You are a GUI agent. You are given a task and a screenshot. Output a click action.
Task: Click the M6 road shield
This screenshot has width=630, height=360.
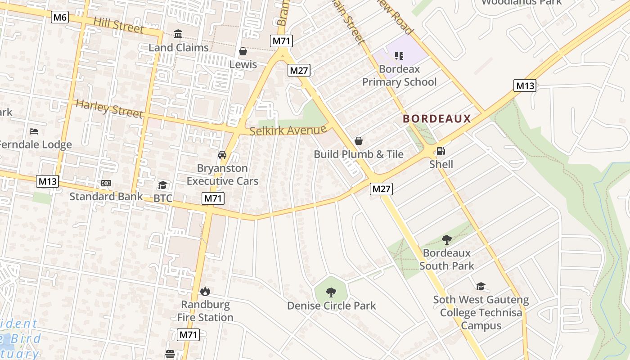pyautogui.click(x=60, y=18)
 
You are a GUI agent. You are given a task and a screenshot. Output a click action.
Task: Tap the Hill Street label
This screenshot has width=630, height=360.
pyautogui.click(x=118, y=25)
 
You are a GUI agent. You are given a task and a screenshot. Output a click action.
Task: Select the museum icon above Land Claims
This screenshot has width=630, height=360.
pyautogui.click(x=178, y=34)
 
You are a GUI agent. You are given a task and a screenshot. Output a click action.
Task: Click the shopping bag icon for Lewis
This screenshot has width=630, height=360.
pyautogui.click(x=243, y=51)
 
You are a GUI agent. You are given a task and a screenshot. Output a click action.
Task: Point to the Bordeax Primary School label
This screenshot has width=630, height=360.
pyautogui.click(x=399, y=76)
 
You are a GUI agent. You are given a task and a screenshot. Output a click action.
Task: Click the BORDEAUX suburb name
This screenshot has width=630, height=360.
pyautogui.click(x=436, y=119)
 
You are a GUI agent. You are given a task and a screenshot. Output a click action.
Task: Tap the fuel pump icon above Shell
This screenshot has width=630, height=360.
pyautogui.click(x=441, y=151)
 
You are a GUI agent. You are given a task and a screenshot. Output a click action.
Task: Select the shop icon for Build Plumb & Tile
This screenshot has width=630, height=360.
pyautogui.click(x=359, y=141)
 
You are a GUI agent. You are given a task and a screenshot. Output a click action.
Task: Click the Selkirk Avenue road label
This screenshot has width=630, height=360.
pyautogui.click(x=288, y=131)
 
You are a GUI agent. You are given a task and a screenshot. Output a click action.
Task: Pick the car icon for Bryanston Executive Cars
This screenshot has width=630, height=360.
pyautogui.click(x=222, y=155)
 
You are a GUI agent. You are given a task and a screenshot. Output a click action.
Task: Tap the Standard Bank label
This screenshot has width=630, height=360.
pyautogui.click(x=106, y=197)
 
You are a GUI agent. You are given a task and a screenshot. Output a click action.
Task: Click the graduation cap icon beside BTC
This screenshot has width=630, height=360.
pyautogui.click(x=162, y=185)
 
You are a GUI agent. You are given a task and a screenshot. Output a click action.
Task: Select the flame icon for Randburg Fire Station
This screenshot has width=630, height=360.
pyautogui.click(x=205, y=292)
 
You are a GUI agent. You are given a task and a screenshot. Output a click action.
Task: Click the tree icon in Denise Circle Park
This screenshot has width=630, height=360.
pyautogui.click(x=331, y=292)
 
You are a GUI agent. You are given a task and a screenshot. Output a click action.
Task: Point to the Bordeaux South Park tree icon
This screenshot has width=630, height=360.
pyautogui.click(x=446, y=240)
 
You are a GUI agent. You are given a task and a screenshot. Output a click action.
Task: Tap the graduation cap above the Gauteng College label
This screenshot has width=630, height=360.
pyautogui.click(x=481, y=286)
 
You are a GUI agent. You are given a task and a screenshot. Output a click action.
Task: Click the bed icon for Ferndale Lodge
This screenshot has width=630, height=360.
pyautogui.click(x=34, y=131)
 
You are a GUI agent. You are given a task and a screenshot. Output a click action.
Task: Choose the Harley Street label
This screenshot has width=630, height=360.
pyautogui.click(x=109, y=108)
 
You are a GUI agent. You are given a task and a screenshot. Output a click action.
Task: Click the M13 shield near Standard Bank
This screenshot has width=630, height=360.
pyautogui.click(x=47, y=181)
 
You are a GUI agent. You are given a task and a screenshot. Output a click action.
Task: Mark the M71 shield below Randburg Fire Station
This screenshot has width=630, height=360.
pyautogui.click(x=189, y=334)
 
